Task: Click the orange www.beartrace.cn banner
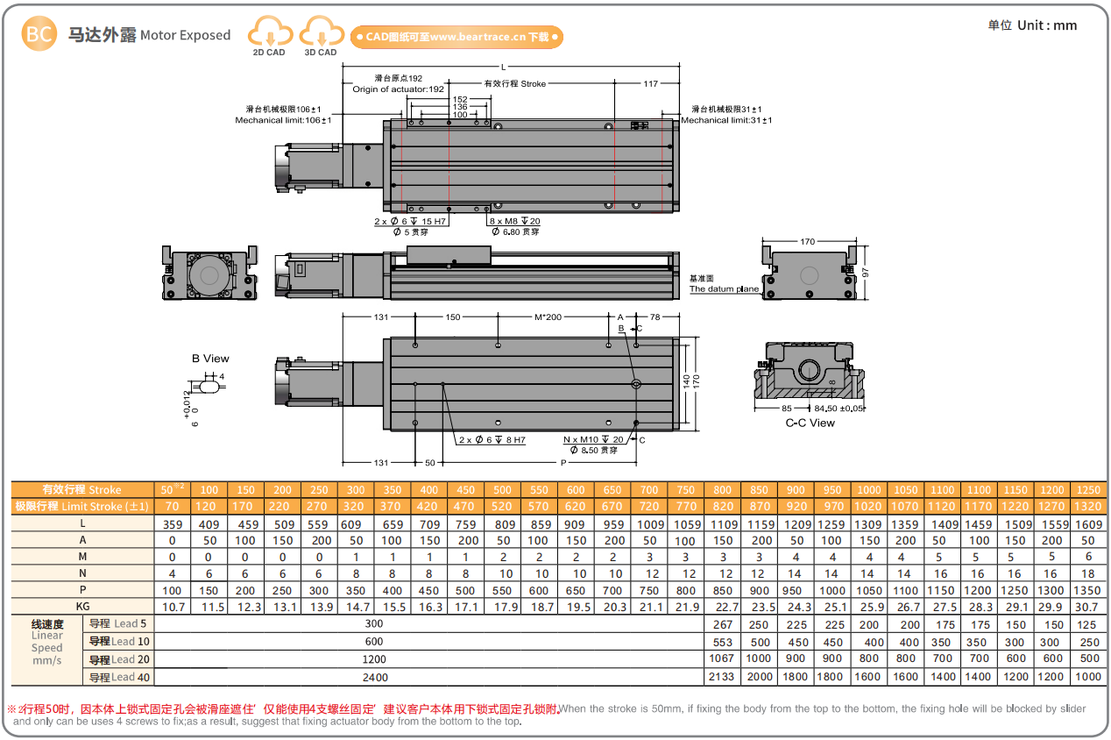coord(456,37)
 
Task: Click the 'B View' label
coord(210,359)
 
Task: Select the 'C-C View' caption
coord(810,423)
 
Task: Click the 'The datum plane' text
coord(724,288)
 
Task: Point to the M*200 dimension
coord(548,317)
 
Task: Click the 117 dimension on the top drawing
coord(650,84)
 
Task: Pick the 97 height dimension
coord(865,272)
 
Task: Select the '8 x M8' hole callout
coord(514,222)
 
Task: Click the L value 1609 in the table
coord(1087,523)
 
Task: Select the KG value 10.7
coord(172,607)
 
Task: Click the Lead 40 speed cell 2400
coord(375,677)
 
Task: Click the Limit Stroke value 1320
coord(1087,506)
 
